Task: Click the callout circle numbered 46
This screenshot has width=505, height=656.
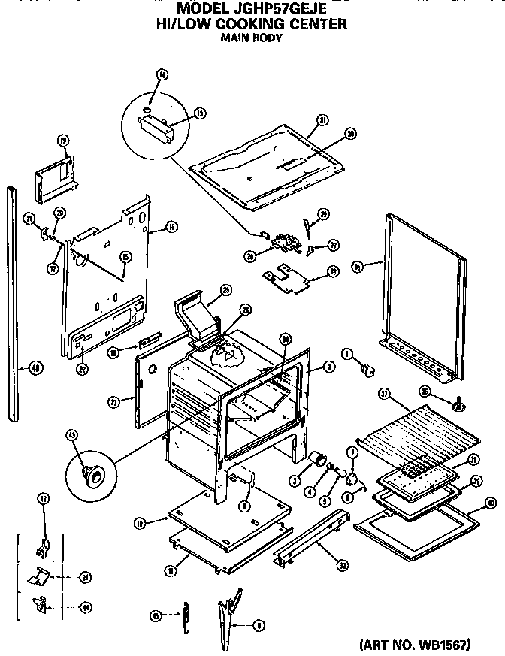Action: [35, 367]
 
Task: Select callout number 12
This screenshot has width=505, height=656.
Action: [43, 497]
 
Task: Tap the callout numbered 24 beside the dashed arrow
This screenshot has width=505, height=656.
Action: [85, 577]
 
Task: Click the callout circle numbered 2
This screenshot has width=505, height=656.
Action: [328, 367]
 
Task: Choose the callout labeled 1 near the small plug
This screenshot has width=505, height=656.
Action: [347, 353]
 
